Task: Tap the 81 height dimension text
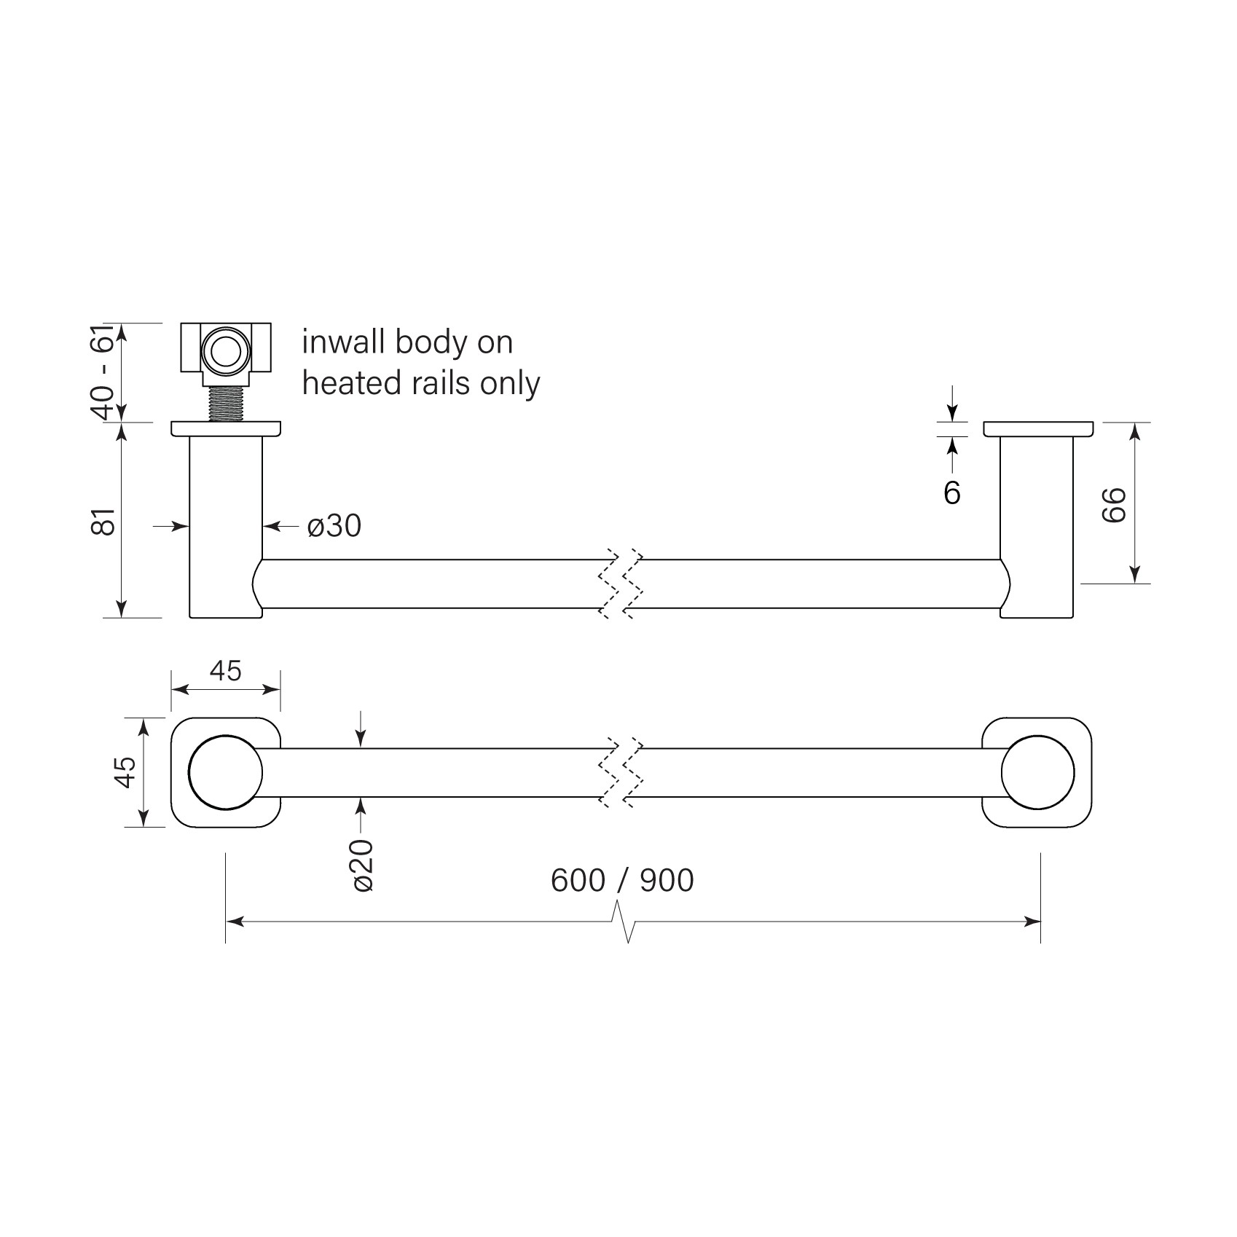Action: coord(106,521)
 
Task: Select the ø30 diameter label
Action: coord(334,525)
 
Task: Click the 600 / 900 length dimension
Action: coord(622,881)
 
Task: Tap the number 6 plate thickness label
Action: coord(951,493)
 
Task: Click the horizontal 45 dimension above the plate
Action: coord(225,670)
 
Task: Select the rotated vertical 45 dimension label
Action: coord(125,772)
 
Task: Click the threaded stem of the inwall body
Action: coord(225,404)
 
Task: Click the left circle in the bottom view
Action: coord(225,773)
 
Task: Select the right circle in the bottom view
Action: coord(1037,773)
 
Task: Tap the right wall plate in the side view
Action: coord(1037,429)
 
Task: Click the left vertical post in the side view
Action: coord(225,525)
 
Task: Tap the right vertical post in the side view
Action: coord(1037,525)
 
